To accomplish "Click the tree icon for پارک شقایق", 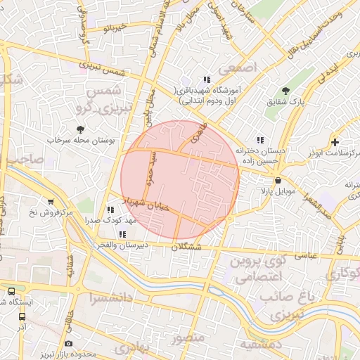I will (x=285, y=91).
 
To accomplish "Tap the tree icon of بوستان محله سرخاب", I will (x=81, y=129).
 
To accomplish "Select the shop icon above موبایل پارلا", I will (x=278, y=179).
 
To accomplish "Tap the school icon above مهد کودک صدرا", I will (x=110, y=210).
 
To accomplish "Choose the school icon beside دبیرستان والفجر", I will (x=123, y=234).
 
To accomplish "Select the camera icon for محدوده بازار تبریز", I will (x=68, y=343).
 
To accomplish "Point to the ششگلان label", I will (x=186, y=247).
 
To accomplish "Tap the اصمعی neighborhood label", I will (x=240, y=67).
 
